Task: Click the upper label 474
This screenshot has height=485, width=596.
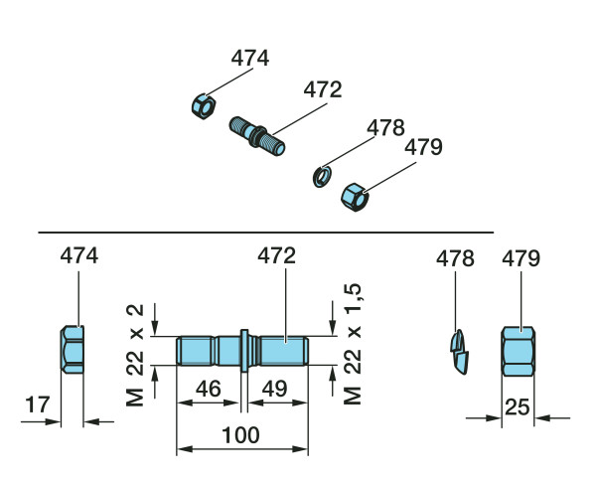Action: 250,58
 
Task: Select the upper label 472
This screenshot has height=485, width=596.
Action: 322,89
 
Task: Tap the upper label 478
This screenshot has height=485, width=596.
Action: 384,127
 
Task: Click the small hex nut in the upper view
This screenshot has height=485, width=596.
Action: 202,104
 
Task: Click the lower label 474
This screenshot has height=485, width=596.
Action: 79,255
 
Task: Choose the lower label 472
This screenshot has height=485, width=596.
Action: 277,255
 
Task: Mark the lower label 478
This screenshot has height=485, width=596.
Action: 456,259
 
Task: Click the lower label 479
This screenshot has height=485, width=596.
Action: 521,259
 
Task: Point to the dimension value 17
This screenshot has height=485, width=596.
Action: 36,404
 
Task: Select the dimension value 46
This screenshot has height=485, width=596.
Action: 209,390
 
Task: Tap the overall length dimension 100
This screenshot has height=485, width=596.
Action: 242,435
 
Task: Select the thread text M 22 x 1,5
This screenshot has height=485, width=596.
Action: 352,343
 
